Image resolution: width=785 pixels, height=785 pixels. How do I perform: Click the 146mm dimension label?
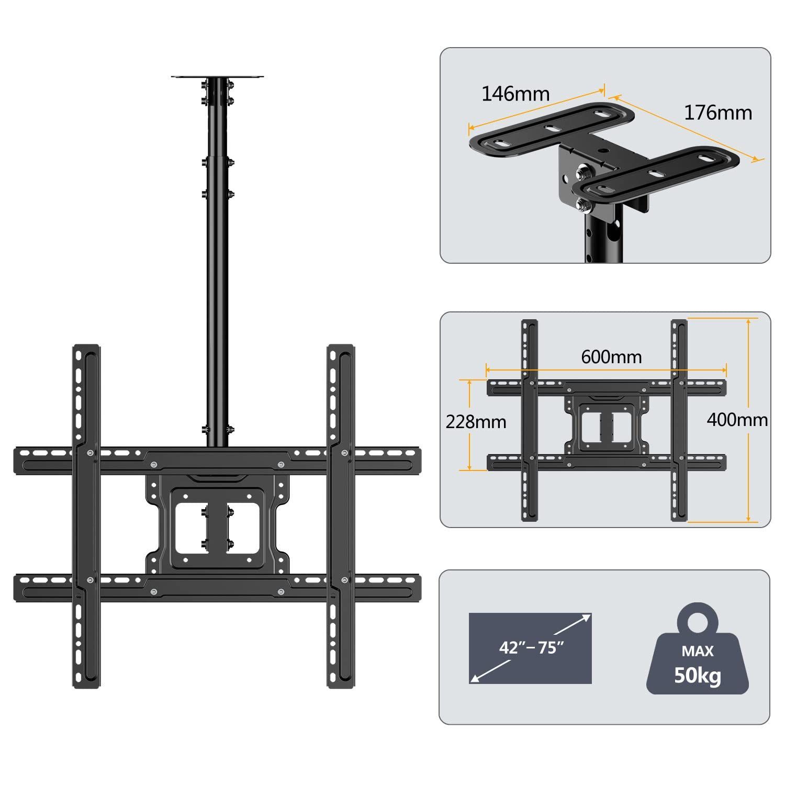[x=515, y=94]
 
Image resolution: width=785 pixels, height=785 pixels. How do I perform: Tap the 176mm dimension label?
[x=718, y=113]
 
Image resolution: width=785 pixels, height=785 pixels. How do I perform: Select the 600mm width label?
[x=611, y=357]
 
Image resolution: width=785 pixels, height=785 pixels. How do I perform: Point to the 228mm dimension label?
[x=476, y=422]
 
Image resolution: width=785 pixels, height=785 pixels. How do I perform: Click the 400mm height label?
[x=737, y=420]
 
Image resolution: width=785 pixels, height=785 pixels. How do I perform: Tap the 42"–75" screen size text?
[x=531, y=647]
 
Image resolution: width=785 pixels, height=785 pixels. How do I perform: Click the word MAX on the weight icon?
[x=698, y=651]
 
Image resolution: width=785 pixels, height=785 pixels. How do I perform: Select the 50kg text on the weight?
[x=698, y=676]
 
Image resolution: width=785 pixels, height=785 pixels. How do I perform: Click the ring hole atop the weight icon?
[x=698, y=622]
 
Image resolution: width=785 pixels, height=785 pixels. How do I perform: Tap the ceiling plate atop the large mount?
[x=217, y=77]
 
